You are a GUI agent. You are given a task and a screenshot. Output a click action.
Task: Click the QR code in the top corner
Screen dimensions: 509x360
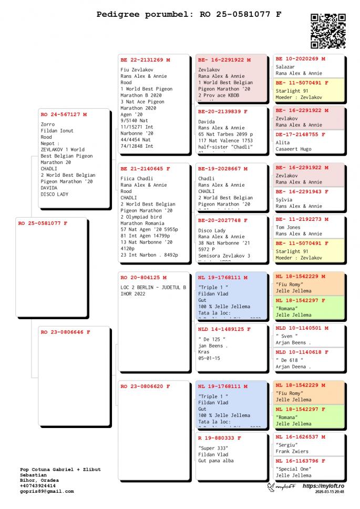pyautogui.click(x=328, y=31)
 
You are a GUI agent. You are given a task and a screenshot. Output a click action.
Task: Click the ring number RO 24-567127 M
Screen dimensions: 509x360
pyautogui.click(x=64, y=114)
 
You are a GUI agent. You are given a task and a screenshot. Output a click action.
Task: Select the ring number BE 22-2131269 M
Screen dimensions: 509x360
pyautogui.click(x=145, y=60)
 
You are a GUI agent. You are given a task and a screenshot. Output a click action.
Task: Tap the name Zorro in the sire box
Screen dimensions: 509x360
pyautogui.click(x=47, y=125)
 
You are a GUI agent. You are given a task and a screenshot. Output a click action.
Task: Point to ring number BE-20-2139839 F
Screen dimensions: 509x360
pyautogui.click(x=223, y=111)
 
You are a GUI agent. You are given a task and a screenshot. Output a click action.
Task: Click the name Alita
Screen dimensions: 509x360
pyautogui.click(x=283, y=142)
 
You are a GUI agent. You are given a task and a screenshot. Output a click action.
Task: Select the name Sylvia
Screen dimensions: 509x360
pyautogui.click(x=284, y=200)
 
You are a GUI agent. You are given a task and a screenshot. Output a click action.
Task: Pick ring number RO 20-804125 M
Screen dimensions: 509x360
pyautogui.click(x=143, y=277)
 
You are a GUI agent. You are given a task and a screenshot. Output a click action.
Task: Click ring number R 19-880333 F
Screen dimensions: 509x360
pyautogui.click(x=219, y=437)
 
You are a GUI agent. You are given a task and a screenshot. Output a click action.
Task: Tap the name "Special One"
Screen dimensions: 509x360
pyautogui.click(x=293, y=469)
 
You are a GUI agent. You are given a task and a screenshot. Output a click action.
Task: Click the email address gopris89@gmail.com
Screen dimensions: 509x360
pyautogui.click(x=46, y=491)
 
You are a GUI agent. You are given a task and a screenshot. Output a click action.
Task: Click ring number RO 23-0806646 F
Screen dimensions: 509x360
pyautogui.click(x=66, y=332)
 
